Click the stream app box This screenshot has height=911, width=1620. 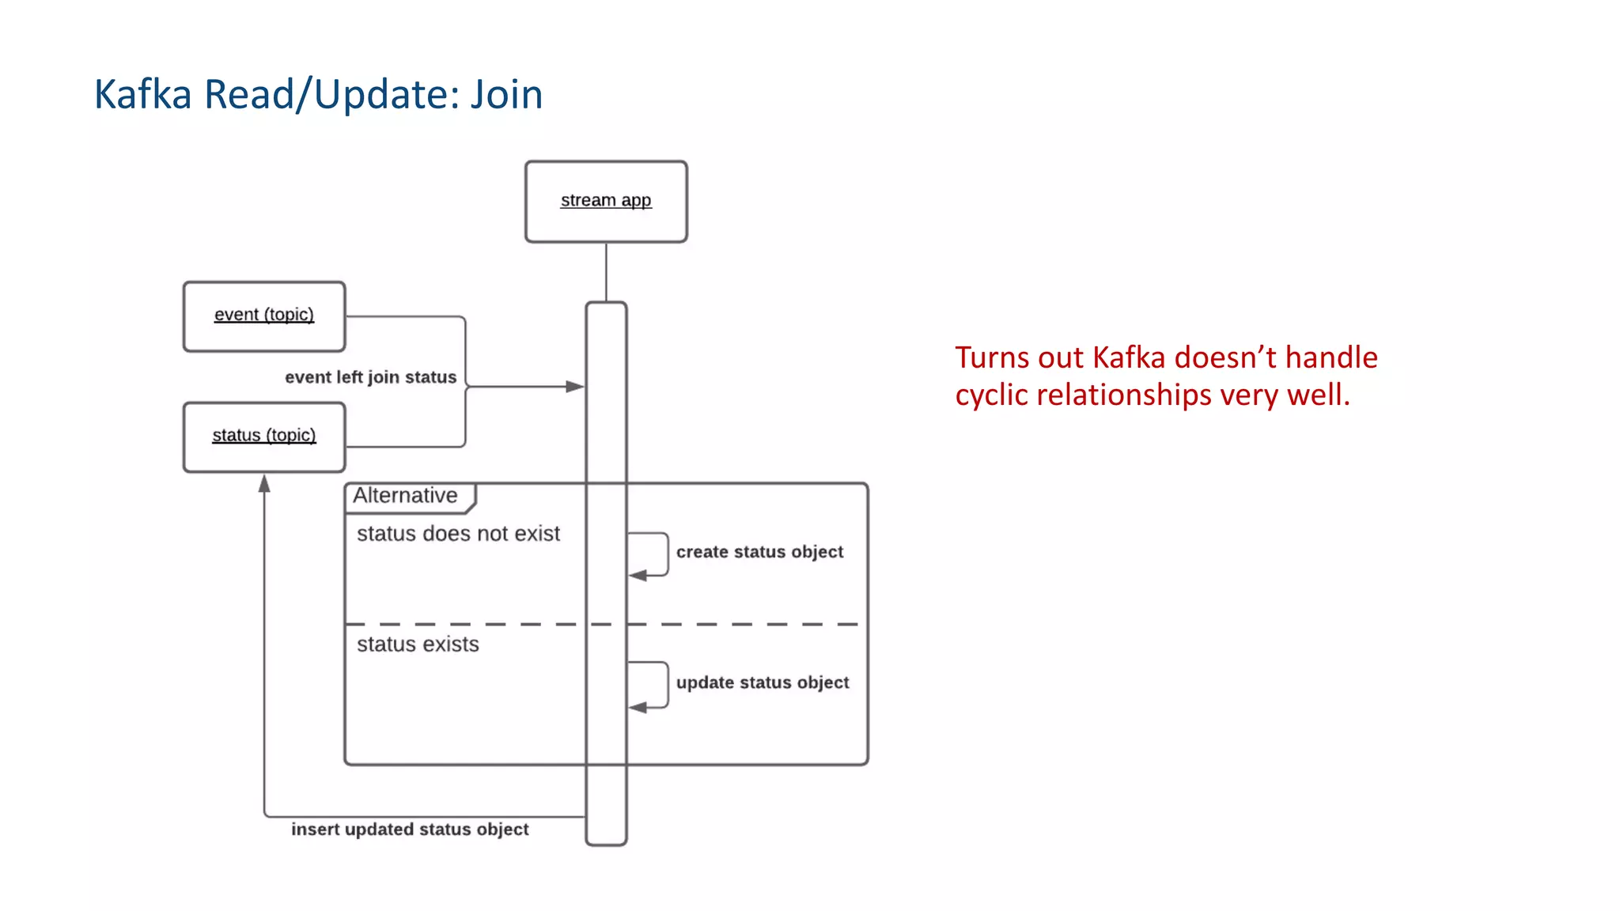coord(606,201)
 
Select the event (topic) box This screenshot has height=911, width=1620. coord(264,316)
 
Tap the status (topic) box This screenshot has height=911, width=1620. coord(264,437)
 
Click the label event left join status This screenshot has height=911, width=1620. coord(370,377)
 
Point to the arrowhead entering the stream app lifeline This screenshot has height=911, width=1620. coord(576,387)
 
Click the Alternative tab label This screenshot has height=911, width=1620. coord(405,496)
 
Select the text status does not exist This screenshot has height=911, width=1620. coord(458,534)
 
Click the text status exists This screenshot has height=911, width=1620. coord(418,645)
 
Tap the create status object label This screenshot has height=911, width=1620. coord(759,552)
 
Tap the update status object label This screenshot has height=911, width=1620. coord(762,682)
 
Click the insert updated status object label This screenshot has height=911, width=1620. coord(410,830)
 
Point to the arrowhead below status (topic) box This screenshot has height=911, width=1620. coord(264,483)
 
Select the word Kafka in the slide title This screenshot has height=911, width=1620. coord(143,94)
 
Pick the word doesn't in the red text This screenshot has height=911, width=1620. coord(1225,357)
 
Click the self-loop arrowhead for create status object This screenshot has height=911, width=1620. coord(638,576)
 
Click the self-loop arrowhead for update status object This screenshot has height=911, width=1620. coord(638,707)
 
